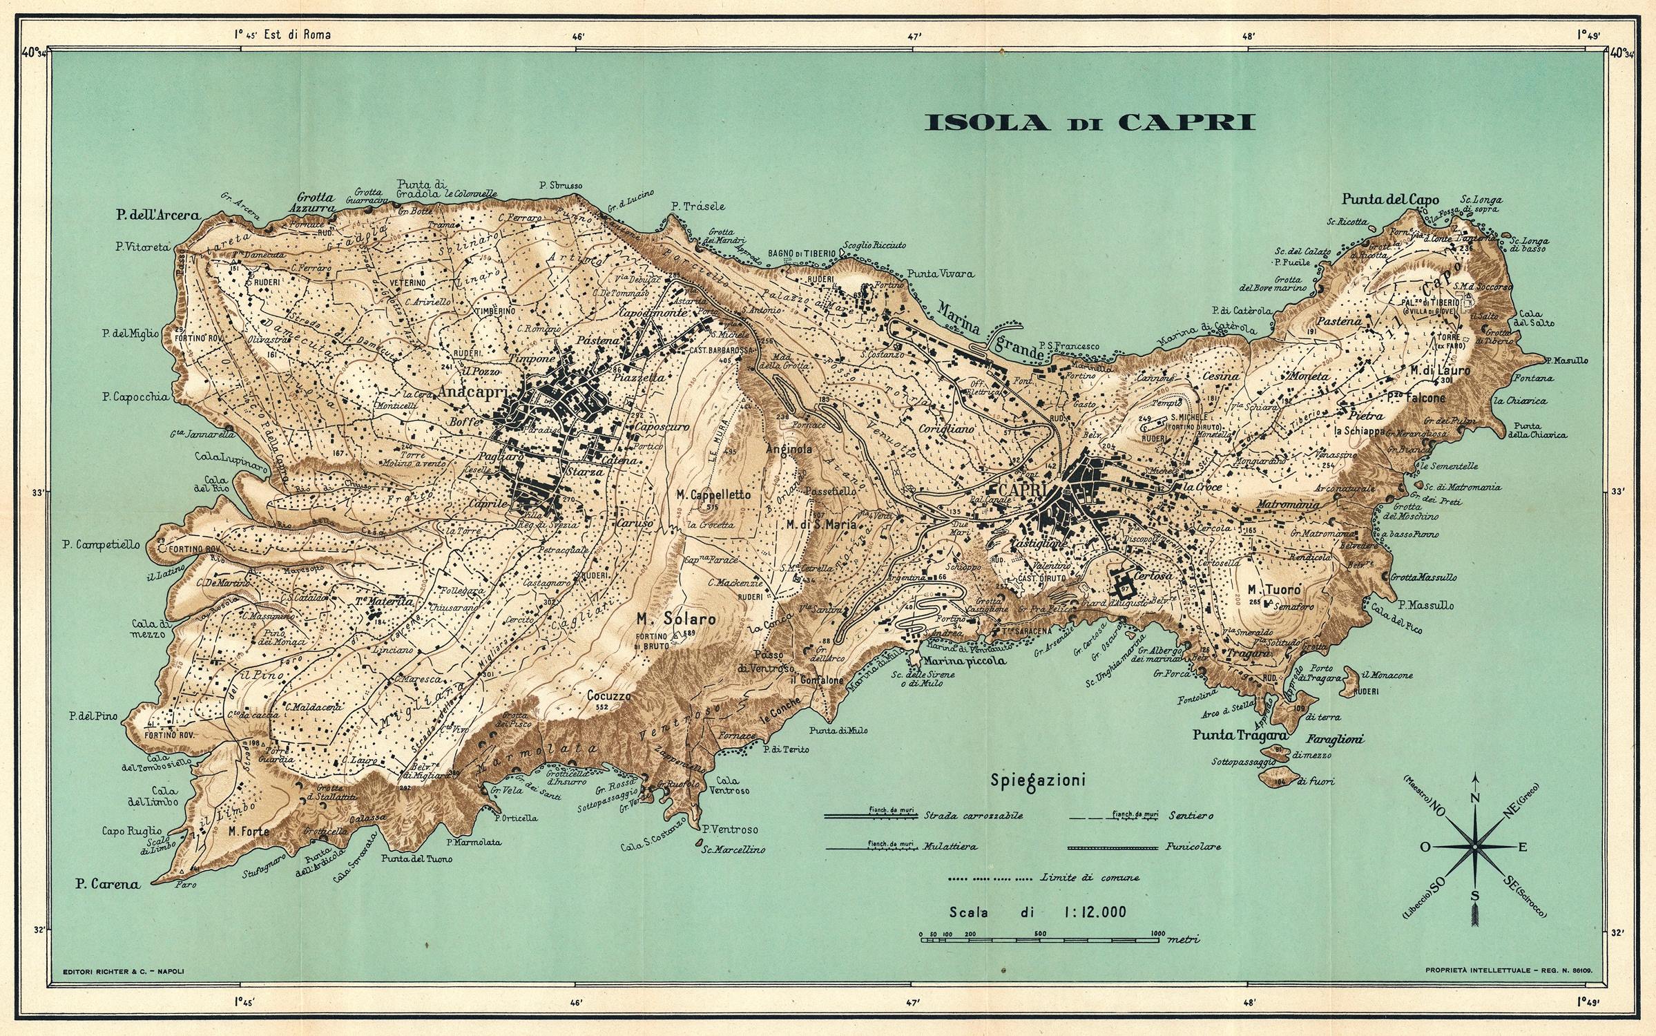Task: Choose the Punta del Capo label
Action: [1390, 200]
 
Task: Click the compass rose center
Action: [1474, 847]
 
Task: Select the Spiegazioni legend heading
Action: [1038, 781]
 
